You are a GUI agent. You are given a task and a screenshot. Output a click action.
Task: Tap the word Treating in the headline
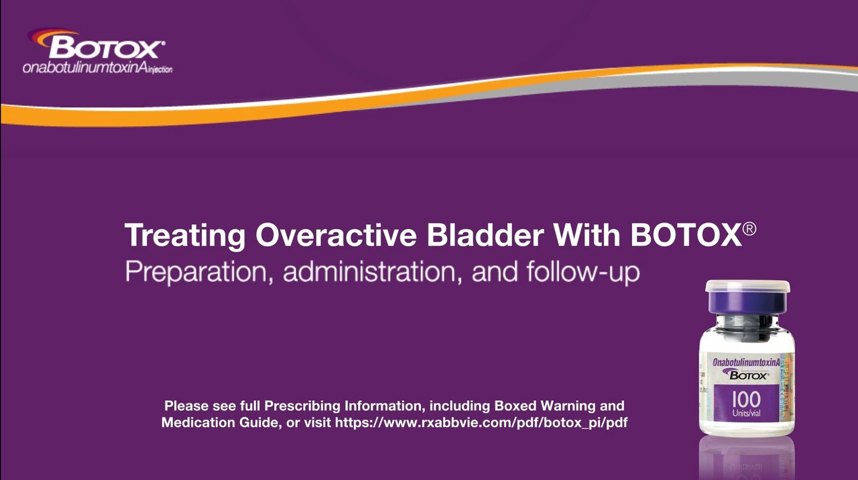pyautogui.click(x=185, y=235)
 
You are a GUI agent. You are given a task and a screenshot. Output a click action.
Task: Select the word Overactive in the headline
pyautogui.click(x=336, y=235)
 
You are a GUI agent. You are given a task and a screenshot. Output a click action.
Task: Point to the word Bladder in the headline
pyautogui.click(x=485, y=235)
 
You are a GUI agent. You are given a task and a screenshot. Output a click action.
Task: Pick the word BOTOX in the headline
pyautogui.click(x=686, y=235)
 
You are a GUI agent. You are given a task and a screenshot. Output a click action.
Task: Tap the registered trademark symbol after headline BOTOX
pyautogui.click(x=749, y=229)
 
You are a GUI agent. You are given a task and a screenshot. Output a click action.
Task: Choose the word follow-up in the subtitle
pyautogui.click(x=583, y=272)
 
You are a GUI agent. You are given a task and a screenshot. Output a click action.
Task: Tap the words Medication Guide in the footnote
pyautogui.click(x=219, y=422)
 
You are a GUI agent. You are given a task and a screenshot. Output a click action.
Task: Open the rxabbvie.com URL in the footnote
pyautogui.click(x=481, y=422)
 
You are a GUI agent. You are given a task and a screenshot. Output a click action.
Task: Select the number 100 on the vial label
pyautogui.click(x=746, y=399)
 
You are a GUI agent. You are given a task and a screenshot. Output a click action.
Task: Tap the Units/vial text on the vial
pyautogui.click(x=746, y=413)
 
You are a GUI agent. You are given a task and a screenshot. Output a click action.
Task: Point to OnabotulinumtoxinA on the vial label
pyautogui.click(x=746, y=362)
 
